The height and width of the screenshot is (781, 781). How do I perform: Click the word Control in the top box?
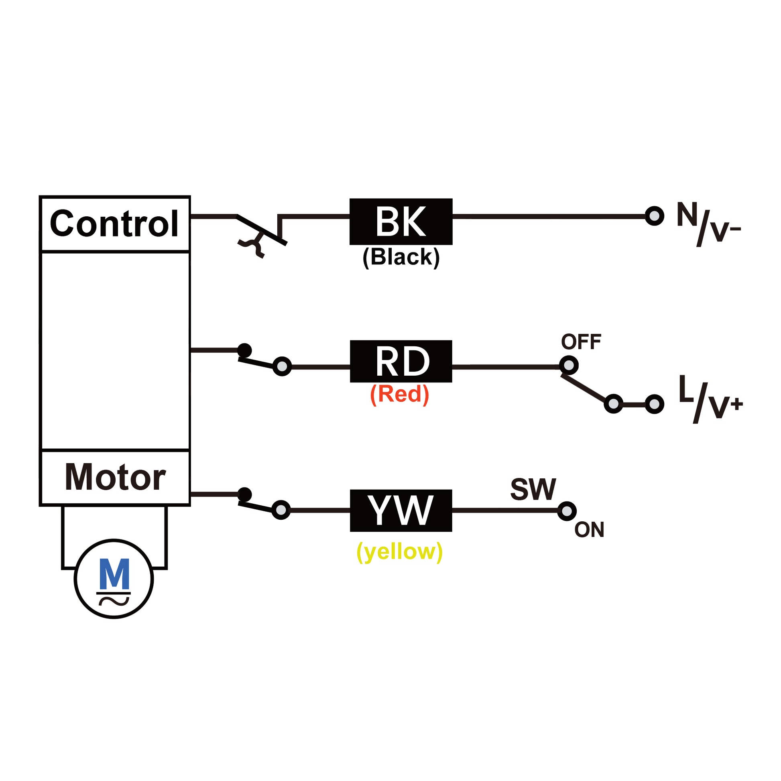114,224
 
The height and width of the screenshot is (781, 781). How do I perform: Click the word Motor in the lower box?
115,478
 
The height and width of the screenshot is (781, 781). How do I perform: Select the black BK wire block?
401,222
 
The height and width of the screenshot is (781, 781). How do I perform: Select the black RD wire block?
401,361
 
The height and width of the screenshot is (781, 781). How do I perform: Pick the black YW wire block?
401,510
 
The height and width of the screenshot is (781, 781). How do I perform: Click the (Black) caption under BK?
401,257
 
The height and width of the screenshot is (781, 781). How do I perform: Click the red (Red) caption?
399,394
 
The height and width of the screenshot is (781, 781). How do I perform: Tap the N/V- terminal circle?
655,216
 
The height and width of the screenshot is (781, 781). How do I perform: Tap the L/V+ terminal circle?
655,404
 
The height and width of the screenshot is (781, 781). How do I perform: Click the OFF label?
581,342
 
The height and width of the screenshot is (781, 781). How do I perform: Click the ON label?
589,529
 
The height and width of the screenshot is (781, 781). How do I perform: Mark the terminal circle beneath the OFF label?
568,366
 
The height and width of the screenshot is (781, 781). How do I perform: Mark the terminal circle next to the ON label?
567,511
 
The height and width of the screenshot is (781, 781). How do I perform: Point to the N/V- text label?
709,224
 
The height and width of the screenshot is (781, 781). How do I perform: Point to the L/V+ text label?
710,399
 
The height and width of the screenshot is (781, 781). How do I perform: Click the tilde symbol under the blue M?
114,602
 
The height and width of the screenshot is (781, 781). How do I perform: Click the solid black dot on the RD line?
244,350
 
